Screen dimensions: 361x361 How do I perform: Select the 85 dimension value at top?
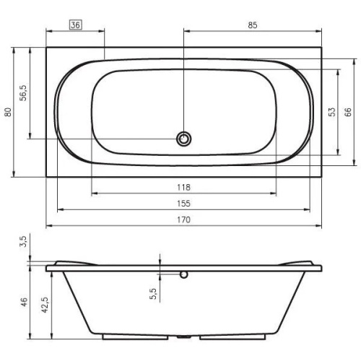click(x=252, y=25)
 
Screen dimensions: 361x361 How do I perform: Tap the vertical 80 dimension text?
click(x=8, y=112)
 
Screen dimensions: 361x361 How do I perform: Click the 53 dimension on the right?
click(x=331, y=112)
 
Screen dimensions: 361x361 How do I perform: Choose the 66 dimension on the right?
click(x=347, y=112)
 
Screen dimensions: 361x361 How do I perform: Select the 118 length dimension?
click(x=183, y=187)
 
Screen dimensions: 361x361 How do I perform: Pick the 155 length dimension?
click(x=183, y=204)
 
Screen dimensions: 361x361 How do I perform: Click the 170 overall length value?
click(x=183, y=220)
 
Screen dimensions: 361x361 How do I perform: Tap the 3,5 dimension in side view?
click(x=23, y=240)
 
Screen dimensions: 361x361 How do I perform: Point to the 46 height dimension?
click(x=23, y=303)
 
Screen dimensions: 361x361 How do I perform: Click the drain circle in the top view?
click(x=184, y=139)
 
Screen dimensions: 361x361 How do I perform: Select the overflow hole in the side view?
click(x=184, y=274)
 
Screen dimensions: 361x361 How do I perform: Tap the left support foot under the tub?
click(x=123, y=336)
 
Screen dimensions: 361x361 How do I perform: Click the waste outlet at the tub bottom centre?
click(x=184, y=337)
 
